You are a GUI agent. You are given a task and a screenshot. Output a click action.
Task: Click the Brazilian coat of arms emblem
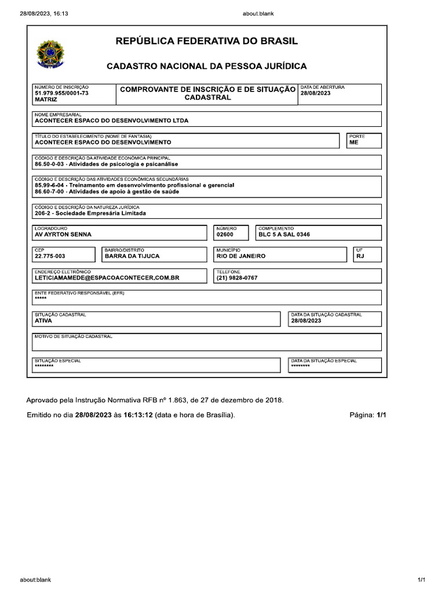coord(50,53)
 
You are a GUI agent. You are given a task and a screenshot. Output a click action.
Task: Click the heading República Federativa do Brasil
coord(207,41)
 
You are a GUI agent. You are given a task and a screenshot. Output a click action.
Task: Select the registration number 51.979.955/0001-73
coord(61,93)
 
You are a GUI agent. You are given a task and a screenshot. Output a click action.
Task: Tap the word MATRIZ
coord(46,100)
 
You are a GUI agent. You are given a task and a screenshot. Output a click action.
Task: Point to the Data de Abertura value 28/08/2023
coord(315,93)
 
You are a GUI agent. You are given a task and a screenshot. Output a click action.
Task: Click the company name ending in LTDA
coord(112,121)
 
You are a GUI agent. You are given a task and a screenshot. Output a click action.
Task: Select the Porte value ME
coord(353,142)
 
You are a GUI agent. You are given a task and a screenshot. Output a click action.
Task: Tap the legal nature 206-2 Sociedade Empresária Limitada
coord(90,213)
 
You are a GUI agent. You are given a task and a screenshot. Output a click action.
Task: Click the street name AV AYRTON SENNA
coord(63,235)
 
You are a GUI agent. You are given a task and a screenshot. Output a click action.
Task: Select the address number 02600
coord(225,235)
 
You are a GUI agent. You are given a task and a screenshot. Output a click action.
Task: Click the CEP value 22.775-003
coord(50,256)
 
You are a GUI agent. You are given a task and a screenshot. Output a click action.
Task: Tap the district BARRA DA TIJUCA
coord(132,256)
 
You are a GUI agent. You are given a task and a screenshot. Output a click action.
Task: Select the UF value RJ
coord(360,256)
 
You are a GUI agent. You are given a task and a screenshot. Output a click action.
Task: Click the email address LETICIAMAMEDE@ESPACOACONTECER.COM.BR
coord(107,278)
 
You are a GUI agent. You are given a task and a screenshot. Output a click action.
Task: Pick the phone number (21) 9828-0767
coord(237,278)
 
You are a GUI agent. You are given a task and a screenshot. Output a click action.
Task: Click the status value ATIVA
coord(43,320)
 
